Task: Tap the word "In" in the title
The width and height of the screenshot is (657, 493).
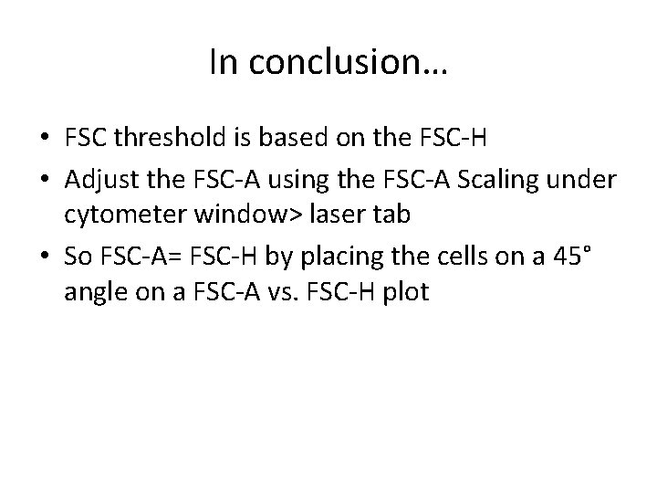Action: [224, 63]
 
